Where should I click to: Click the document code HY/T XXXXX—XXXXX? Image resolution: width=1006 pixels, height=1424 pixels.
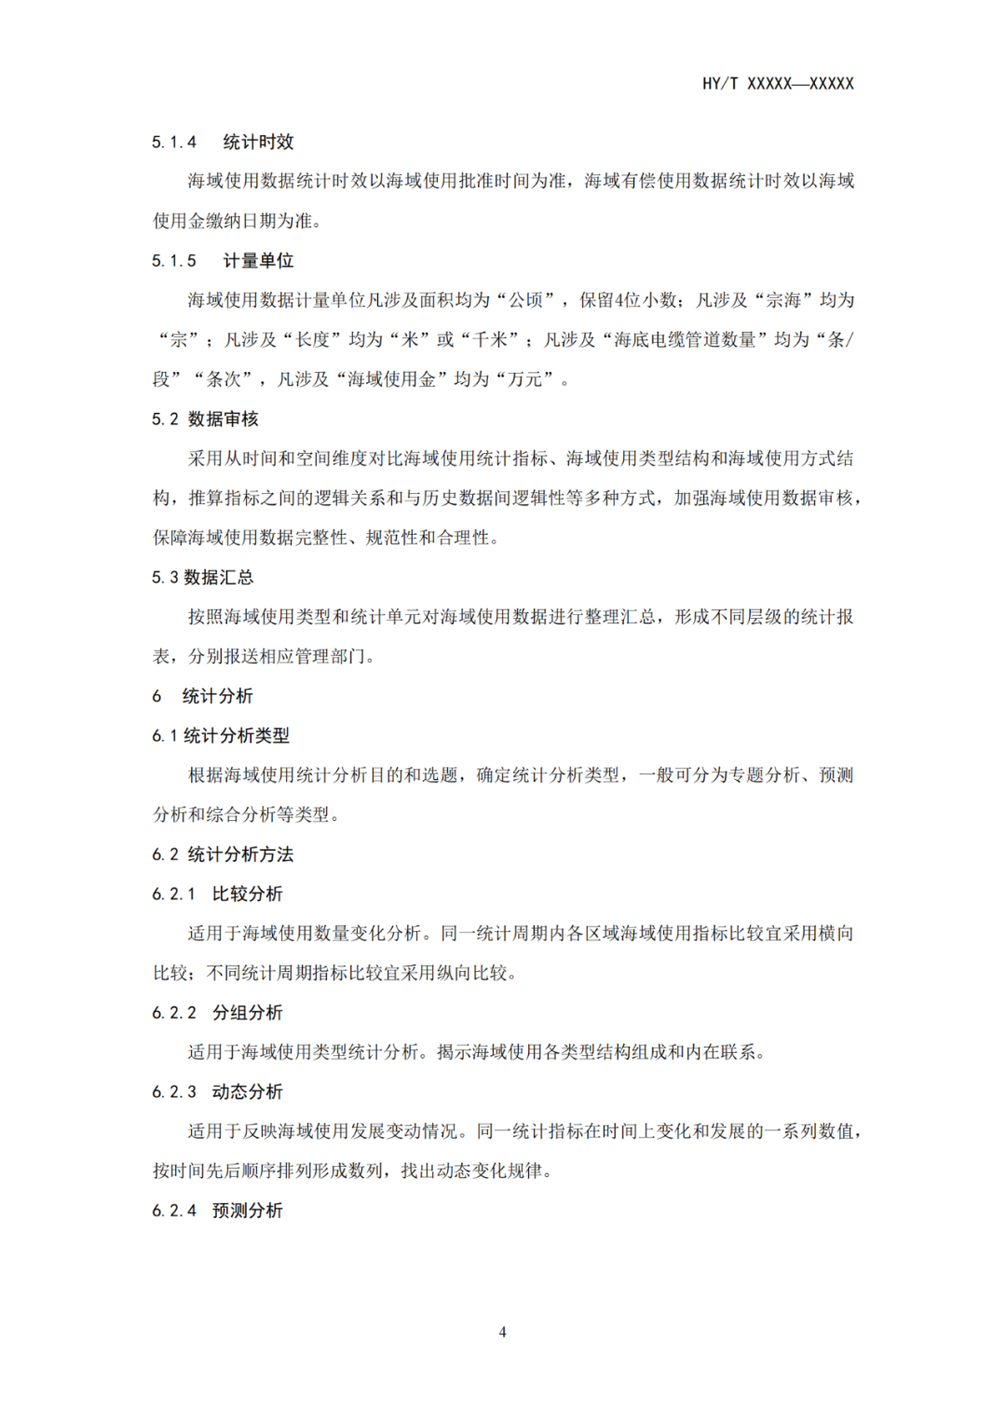(x=778, y=84)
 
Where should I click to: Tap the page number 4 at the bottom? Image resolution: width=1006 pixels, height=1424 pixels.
(x=503, y=1332)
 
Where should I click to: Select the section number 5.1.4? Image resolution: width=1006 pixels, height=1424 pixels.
(x=174, y=142)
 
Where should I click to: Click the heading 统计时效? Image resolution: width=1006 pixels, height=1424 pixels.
(x=258, y=142)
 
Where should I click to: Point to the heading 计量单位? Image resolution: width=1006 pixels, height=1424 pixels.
(x=258, y=261)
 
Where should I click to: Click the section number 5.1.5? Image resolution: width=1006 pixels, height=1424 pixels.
(x=174, y=261)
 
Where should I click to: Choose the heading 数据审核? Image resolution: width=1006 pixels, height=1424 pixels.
(x=224, y=419)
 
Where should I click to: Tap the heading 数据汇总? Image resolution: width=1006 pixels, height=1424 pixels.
(x=219, y=578)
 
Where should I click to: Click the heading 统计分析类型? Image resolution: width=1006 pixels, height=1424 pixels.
(x=237, y=736)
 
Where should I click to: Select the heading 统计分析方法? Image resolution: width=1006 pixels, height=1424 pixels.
(x=240, y=855)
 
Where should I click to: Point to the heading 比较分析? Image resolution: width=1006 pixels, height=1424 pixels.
(x=247, y=895)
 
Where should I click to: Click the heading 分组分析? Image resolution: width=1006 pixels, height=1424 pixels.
(x=247, y=1013)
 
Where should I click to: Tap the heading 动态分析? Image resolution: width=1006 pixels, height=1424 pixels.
(x=247, y=1092)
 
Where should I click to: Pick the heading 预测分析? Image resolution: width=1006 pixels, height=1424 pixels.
(x=247, y=1211)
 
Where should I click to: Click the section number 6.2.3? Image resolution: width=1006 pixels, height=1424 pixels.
(x=174, y=1092)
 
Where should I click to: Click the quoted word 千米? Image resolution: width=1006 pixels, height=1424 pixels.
(x=491, y=340)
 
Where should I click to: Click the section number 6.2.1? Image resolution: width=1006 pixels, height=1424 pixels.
(x=174, y=895)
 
